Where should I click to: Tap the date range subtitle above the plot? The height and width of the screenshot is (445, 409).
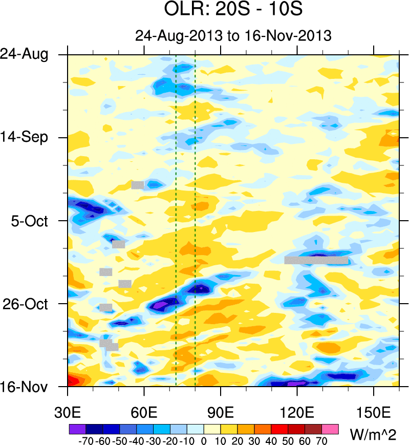[233, 36]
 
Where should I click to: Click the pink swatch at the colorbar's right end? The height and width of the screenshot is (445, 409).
[331, 428]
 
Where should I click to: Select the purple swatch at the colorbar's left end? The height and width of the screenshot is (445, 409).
[77, 428]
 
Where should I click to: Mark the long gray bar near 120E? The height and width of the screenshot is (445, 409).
[316, 260]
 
